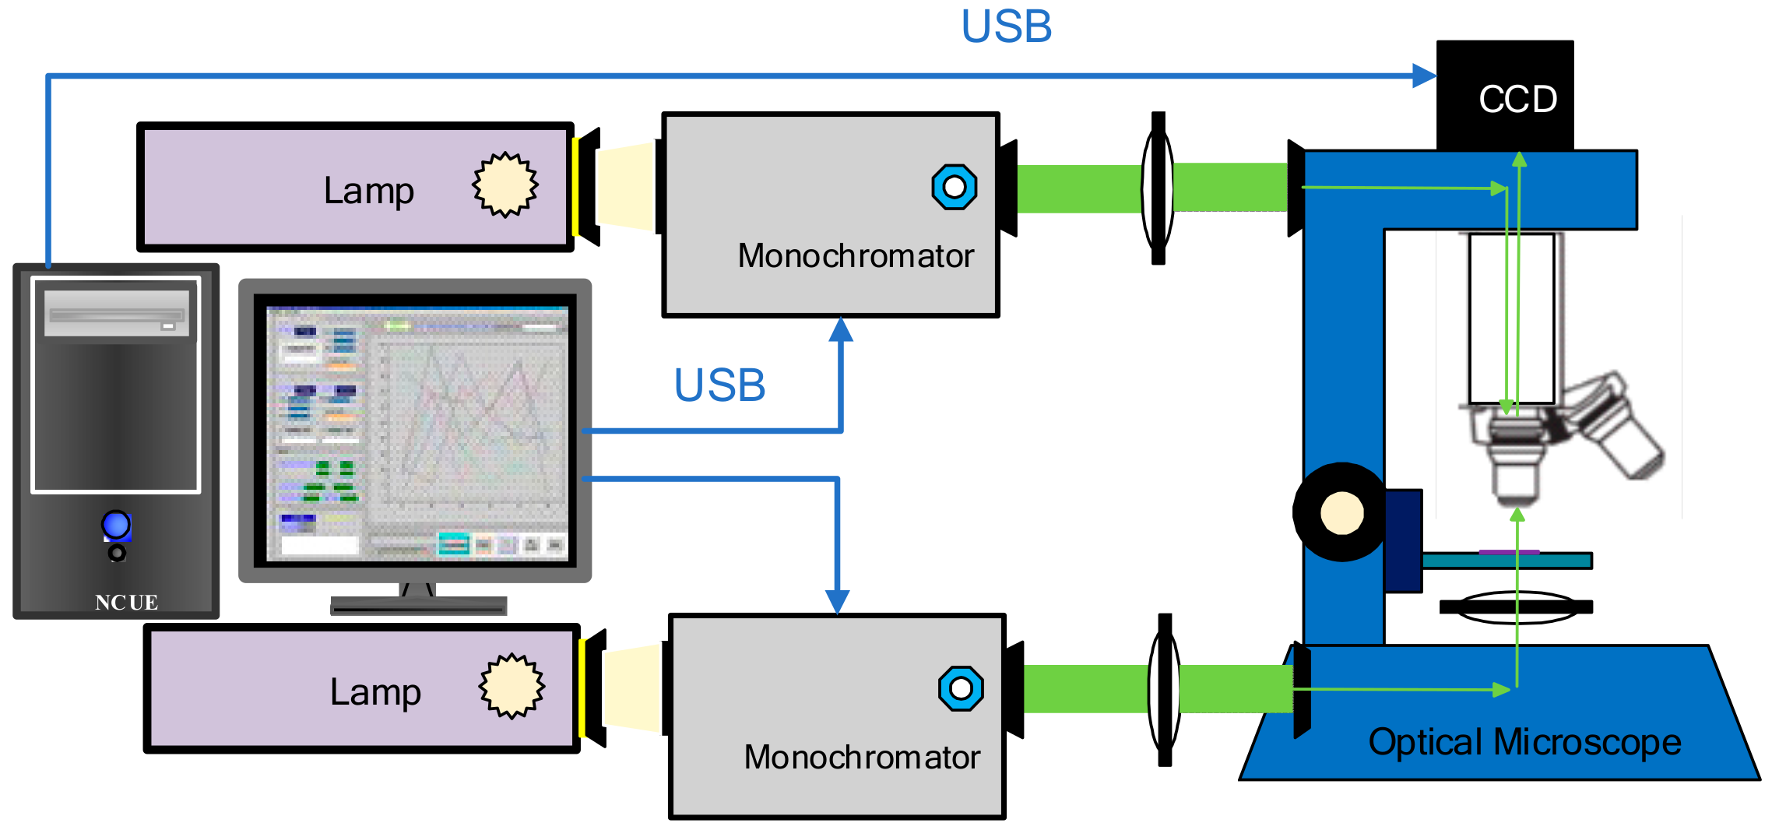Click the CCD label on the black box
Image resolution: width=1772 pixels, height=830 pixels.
click(1517, 100)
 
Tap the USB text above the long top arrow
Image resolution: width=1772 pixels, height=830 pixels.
click(1006, 26)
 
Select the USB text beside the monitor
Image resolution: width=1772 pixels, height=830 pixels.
click(719, 385)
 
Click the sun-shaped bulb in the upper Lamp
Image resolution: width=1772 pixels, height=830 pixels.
click(505, 185)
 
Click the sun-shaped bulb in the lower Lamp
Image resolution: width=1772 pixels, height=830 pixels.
click(512, 686)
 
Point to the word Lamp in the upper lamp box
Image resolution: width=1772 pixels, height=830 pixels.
click(368, 191)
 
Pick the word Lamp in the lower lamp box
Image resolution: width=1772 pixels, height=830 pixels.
click(375, 692)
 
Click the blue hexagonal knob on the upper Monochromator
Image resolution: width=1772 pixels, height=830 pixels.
click(954, 187)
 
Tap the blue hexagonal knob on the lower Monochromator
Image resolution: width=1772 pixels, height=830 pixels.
click(961, 688)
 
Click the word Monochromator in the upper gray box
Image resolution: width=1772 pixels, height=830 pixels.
click(856, 256)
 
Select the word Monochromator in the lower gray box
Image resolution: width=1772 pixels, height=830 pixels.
click(862, 758)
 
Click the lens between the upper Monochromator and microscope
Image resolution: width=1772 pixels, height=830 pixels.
click(1158, 188)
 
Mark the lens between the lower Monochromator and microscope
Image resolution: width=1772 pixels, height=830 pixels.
click(1164, 689)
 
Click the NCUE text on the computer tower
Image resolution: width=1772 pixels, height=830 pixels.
click(126, 602)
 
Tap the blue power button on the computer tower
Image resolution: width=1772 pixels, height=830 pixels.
click(116, 525)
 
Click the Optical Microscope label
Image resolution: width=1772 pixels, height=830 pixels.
click(1524, 742)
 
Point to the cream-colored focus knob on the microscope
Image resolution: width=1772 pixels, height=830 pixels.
click(1342, 513)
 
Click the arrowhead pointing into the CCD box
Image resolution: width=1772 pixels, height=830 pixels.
click(1424, 76)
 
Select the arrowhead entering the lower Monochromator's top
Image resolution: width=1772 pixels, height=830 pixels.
click(837, 601)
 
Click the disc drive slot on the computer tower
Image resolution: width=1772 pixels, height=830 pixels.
click(117, 315)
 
